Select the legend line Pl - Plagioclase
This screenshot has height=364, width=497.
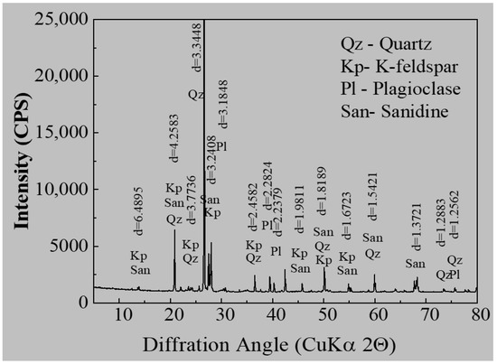406,91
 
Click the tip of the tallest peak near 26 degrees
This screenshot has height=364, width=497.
204,20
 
